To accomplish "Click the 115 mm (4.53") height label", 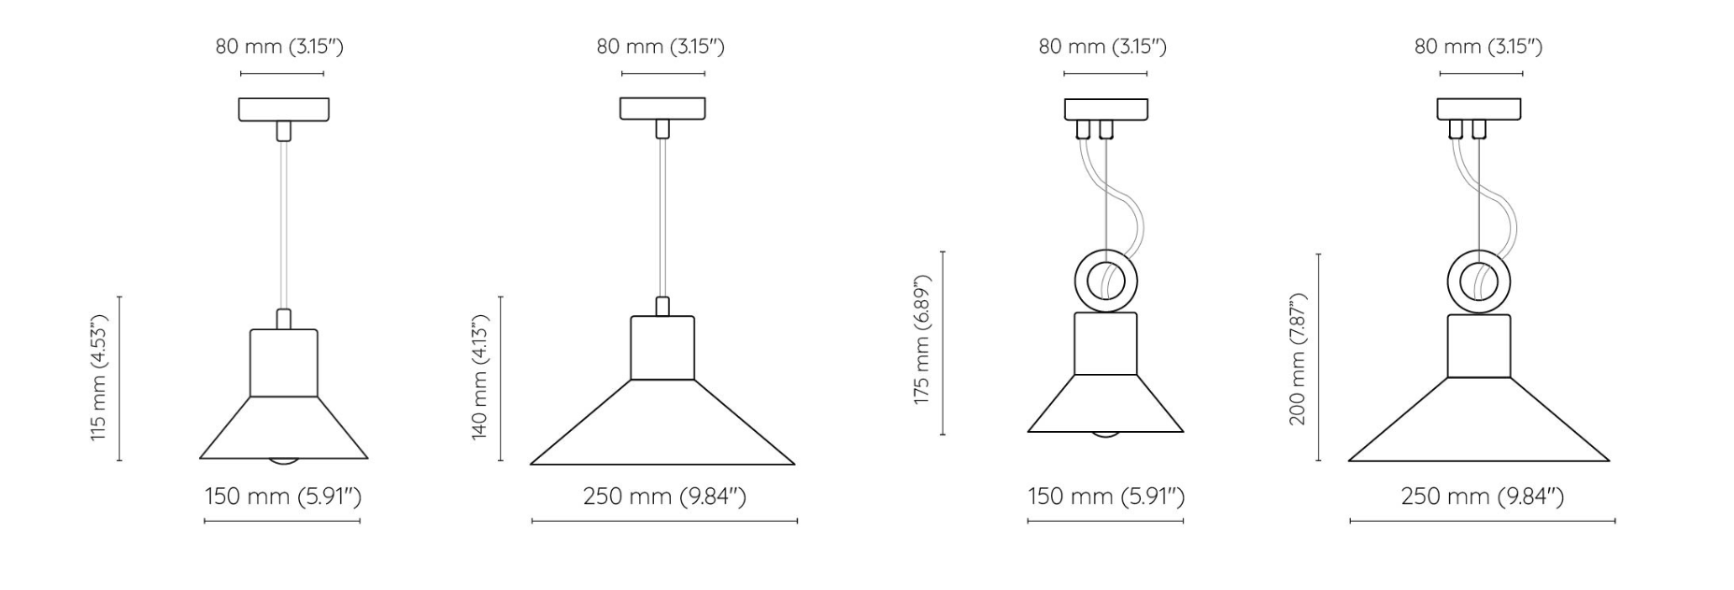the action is [100, 378].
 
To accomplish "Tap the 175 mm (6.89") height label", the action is [923, 340].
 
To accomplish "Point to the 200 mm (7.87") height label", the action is [1298, 359].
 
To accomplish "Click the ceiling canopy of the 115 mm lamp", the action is [284, 109].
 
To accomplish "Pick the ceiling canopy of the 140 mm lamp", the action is [662, 108].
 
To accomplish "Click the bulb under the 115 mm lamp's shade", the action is [284, 462].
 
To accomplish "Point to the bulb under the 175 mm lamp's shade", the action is [1106, 435].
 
